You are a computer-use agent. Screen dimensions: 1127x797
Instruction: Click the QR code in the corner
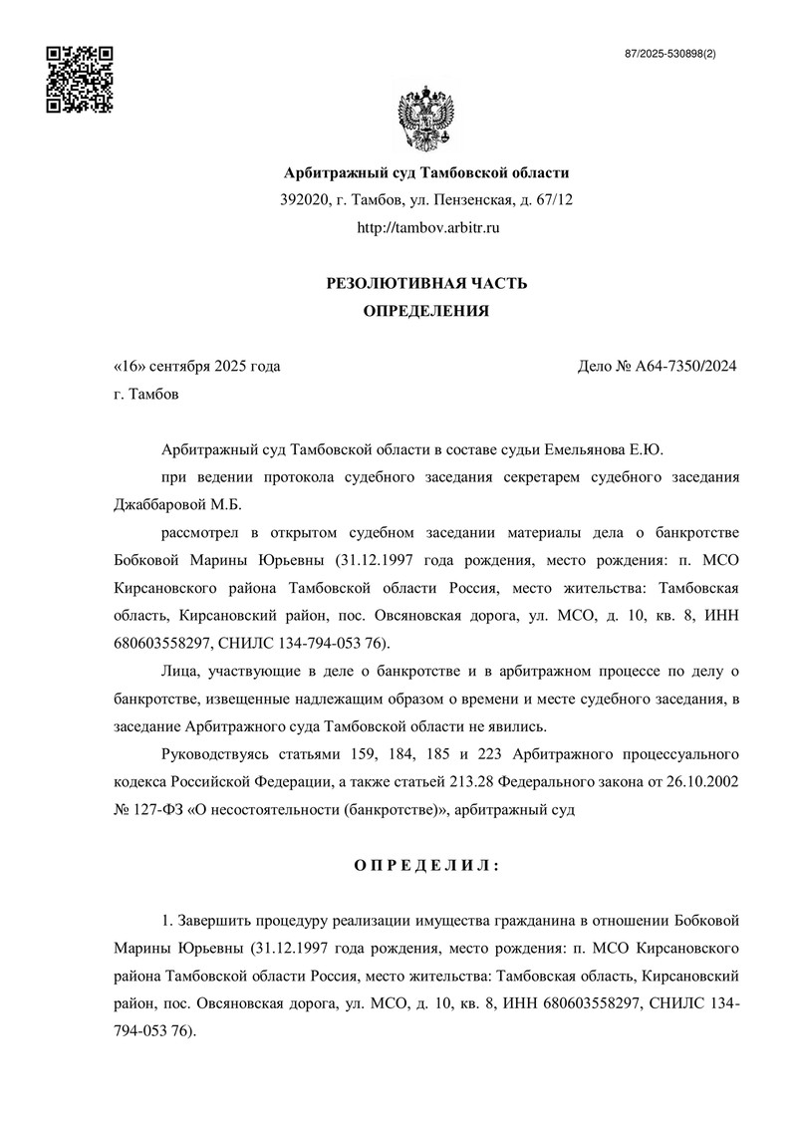pyautogui.click(x=81, y=79)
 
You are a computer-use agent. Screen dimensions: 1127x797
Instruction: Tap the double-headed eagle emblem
pyautogui.click(x=426, y=118)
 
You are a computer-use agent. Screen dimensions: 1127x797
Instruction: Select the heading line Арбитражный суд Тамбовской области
pyautogui.click(x=426, y=172)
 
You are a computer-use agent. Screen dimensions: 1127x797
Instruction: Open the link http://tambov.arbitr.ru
pyautogui.click(x=426, y=228)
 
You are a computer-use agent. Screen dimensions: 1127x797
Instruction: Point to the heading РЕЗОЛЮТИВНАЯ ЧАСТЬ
pyautogui.click(x=426, y=284)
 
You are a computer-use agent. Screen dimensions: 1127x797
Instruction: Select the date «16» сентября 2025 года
pyautogui.click(x=197, y=366)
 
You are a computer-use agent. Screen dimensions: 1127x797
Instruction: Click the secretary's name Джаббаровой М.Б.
pyautogui.click(x=178, y=505)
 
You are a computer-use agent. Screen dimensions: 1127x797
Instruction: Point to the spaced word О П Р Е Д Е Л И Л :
pyautogui.click(x=426, y=864)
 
